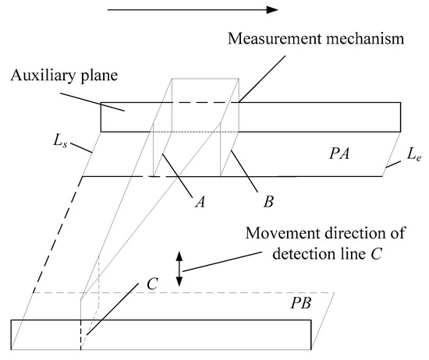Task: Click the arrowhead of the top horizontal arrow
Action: pos(271,10)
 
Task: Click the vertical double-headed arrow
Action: pos(180,268)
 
